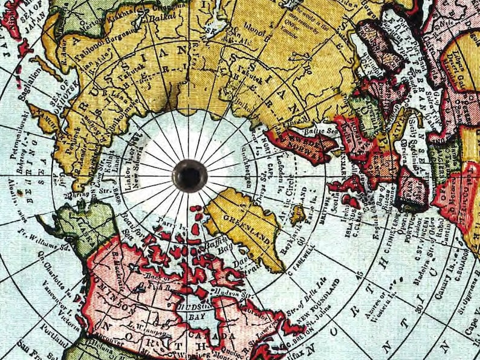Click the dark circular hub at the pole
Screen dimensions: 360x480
[x=190, y=175]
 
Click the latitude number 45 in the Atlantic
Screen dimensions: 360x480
[x=360, y=276]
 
